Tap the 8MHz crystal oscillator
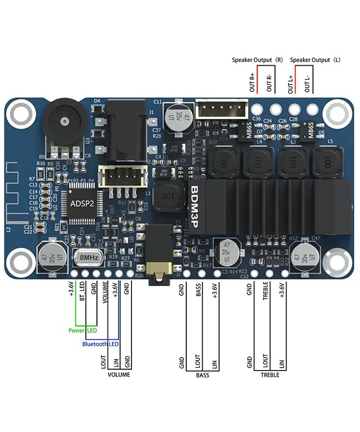click(x=89, y=258)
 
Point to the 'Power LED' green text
click(x=83, y=331)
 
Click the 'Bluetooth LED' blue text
click(x=100, y=344)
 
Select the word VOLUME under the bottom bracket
click(x=119, y=375)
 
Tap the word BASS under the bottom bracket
click(x=203, y=375)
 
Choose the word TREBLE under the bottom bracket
click(x=270, y=375)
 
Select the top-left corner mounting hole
click(x=21, y=114)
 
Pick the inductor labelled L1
click(x=168, y=196)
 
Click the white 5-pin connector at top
click(x=224, y=110)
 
